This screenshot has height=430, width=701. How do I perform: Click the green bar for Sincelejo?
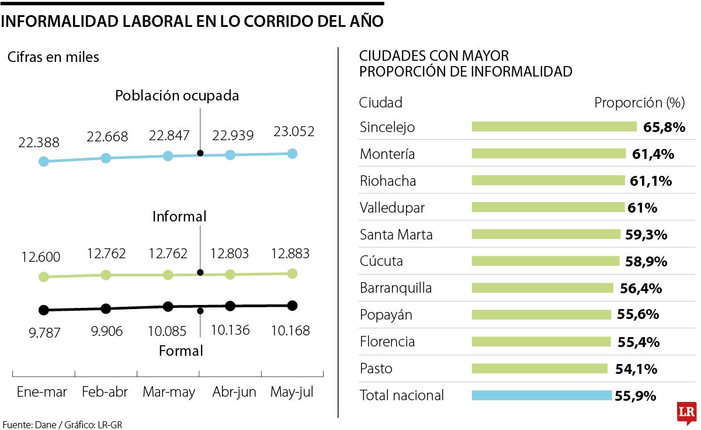click(554, 127)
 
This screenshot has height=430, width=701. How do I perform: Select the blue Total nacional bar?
click(542, 396)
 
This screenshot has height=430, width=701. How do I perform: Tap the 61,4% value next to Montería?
click(653, 154)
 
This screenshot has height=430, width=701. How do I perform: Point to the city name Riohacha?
click(388, 181)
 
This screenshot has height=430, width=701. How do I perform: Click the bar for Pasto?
click(540, 369)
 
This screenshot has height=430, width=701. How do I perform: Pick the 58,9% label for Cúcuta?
click(646, 261)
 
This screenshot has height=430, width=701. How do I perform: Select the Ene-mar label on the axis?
click(42, 392)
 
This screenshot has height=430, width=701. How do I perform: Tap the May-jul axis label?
click(292, 392)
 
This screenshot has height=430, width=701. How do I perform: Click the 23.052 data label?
click(294, 131)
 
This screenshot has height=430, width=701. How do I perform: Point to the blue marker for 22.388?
click(43, 161)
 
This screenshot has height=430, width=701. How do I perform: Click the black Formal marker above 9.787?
click(43, 310)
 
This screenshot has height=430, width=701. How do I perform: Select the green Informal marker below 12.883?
click(292, 273)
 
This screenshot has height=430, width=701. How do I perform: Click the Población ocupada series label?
click(177, 96)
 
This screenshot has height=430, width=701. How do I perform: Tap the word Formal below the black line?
click(181, 351)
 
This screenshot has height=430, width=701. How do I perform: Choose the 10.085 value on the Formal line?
click(167, 331)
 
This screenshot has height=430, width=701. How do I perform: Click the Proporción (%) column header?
click(639, 103)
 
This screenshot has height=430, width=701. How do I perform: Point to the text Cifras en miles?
click(53, 57)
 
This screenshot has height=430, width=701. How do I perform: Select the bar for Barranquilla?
click(542, 288)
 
